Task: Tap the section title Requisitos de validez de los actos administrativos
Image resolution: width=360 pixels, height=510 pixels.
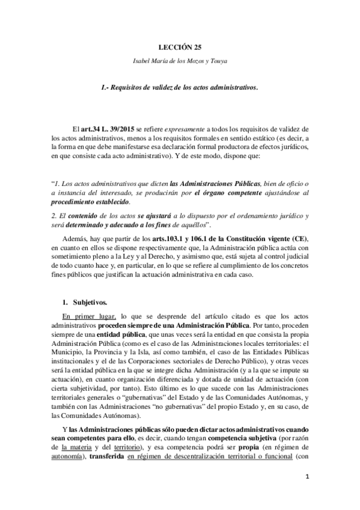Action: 180,88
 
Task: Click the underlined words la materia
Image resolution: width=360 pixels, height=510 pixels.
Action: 78,449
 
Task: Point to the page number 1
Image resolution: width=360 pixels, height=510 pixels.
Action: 307,494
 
